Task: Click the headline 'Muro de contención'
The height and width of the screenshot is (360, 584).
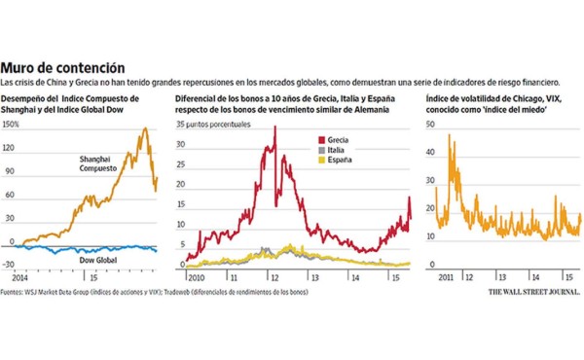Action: [x=62, y=68]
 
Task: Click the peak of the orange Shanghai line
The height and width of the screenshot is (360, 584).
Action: [x=145, y=128]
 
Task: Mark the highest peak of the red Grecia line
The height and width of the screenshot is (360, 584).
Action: [x=274, y=127]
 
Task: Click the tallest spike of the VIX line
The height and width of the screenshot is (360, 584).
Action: [x=449, y=135]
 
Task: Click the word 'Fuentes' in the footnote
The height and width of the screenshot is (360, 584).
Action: [x=14, y=290]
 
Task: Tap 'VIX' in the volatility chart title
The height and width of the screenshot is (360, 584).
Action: [x=533, y=99]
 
